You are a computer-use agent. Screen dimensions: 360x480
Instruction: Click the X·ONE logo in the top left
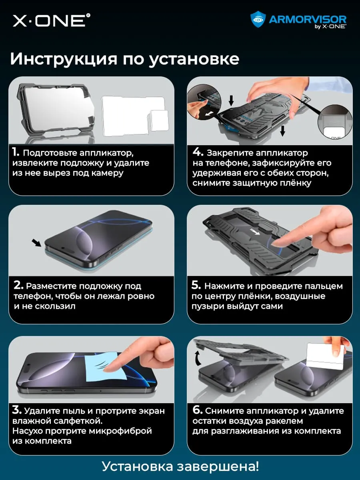coord(51,20)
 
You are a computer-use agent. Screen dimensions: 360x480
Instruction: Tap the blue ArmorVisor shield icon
coord(258,20)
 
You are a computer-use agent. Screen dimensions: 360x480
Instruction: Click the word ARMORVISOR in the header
coord(308,20)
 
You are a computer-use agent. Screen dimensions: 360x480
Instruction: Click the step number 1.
coord(16,152)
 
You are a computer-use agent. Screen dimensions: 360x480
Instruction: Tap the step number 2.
coord(18,285)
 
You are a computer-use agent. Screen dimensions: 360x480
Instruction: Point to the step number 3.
coord(17,410)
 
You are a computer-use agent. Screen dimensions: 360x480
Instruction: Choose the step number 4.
coord(198,152)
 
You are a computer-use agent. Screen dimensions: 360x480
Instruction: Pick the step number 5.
coord(196,285)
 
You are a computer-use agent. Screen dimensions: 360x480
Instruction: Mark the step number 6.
coord(198,410)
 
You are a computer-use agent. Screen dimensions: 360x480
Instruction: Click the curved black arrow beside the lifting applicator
coord(198,358)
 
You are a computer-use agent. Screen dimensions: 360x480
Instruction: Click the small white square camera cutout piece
coord(160,121)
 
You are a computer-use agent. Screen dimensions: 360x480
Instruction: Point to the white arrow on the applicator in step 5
coord(255,232)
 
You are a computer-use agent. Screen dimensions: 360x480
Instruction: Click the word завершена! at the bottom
coord(218,466)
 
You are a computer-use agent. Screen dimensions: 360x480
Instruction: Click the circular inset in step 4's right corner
coord(335,122)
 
